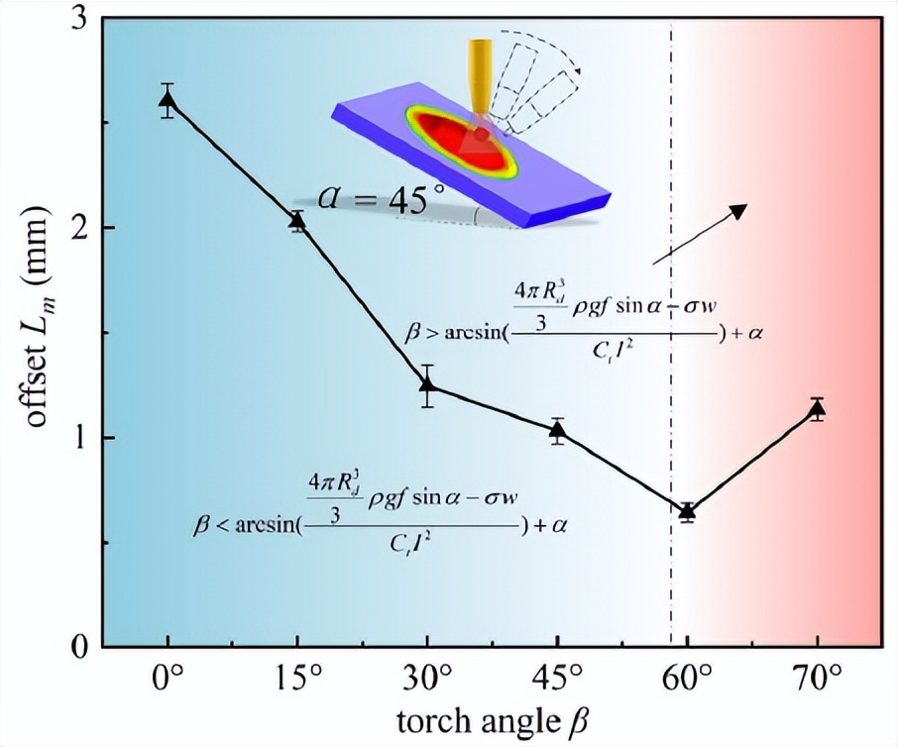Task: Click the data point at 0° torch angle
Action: pos(168,99)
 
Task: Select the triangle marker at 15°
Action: pos(297,221)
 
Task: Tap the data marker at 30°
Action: pos(427,384)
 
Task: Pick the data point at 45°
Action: pos(557,430)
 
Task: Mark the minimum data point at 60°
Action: pos(687,511)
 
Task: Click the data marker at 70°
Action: pos(817,409)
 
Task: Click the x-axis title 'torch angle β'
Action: pos(492,720)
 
